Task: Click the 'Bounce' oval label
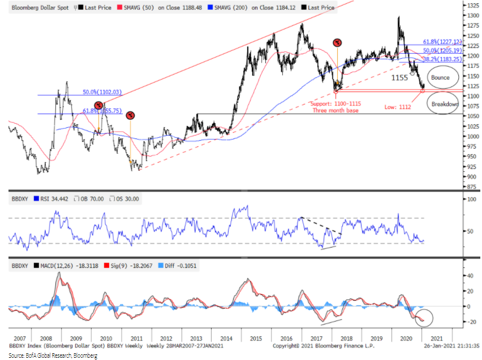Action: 440,77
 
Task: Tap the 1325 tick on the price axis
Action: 471,5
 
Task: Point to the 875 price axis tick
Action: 469,186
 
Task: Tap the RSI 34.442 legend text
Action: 53,198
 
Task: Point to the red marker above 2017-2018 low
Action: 337,43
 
